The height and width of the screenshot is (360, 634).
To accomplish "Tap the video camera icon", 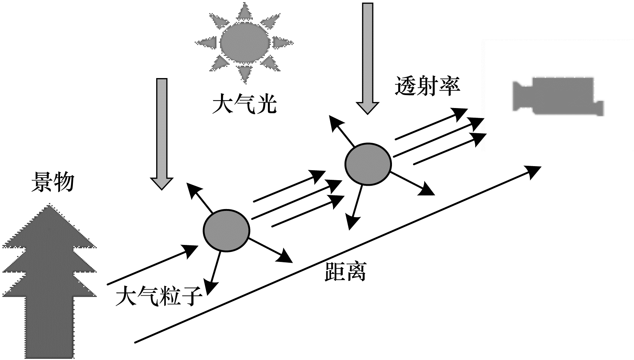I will [x=557, y=95].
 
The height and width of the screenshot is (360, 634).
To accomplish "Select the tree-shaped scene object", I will [x=50, y=281].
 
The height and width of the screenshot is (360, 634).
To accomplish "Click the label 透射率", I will [x=427, y=87].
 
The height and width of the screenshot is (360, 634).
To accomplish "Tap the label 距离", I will [x=345, y=272].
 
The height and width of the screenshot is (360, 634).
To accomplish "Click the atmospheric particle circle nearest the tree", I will [x=226, y=231].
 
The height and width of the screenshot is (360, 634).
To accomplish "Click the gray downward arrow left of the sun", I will [x=162, y=133].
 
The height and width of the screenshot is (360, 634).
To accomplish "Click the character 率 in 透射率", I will [x=449, y=87].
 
